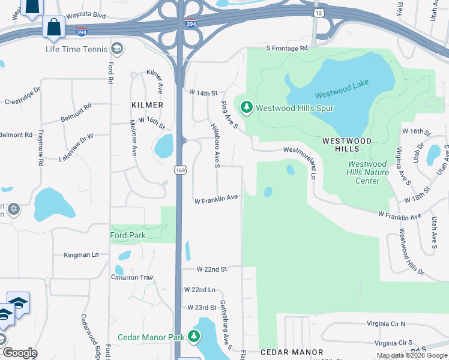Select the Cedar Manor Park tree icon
coord(193,337)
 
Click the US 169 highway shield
coord(179,171)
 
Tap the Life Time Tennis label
coord(77,49)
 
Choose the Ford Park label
coord(128,235)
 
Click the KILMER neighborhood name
coord(147,105)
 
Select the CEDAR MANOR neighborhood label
coord(292,352)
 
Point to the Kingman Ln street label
coord(81,255)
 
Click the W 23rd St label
coord(201,307)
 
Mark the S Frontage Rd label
coord(287,48)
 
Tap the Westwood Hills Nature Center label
coord(368,172)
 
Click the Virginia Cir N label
coord(385,323)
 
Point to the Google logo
coord(19,353)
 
